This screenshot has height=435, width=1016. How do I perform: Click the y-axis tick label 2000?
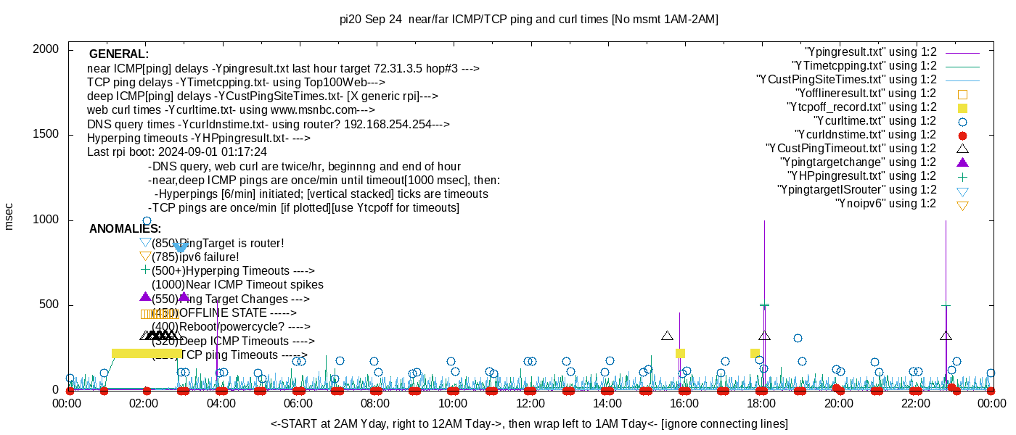pyautogui.click(x=47, y=49)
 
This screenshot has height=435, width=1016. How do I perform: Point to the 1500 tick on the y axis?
pyautogui.click(x=47, y=135)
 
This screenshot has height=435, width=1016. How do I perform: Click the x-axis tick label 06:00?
pyautogui.click(x=298, y=404)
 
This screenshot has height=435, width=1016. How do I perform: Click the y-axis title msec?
pyautogui.click(x=9, y=215)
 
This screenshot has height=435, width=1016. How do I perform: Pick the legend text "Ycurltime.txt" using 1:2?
pyautogui.click(x=875, y=121)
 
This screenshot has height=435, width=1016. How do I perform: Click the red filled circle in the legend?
pyautogui.click(x=962, y=136)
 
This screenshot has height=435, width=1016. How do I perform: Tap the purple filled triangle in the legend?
pyautogui.click(x=962, y=162)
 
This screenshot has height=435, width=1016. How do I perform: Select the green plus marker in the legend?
pyautogui.click(x=962, y=176)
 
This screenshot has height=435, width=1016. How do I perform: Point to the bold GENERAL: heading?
pyautogui.click(x=119, y=54)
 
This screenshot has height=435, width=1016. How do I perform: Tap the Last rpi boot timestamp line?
pyautogui.click(x=177, y=152)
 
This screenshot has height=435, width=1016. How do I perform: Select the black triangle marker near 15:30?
pyautogui.click(x=668, y=336)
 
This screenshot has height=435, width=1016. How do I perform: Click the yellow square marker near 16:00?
pyautogui.click(x=680, y=354)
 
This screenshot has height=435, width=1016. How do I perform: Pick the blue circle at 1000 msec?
pyautogui.click(x=147, y=221)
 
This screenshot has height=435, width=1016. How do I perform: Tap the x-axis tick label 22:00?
pyautogui.click(x=914, y=404)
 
